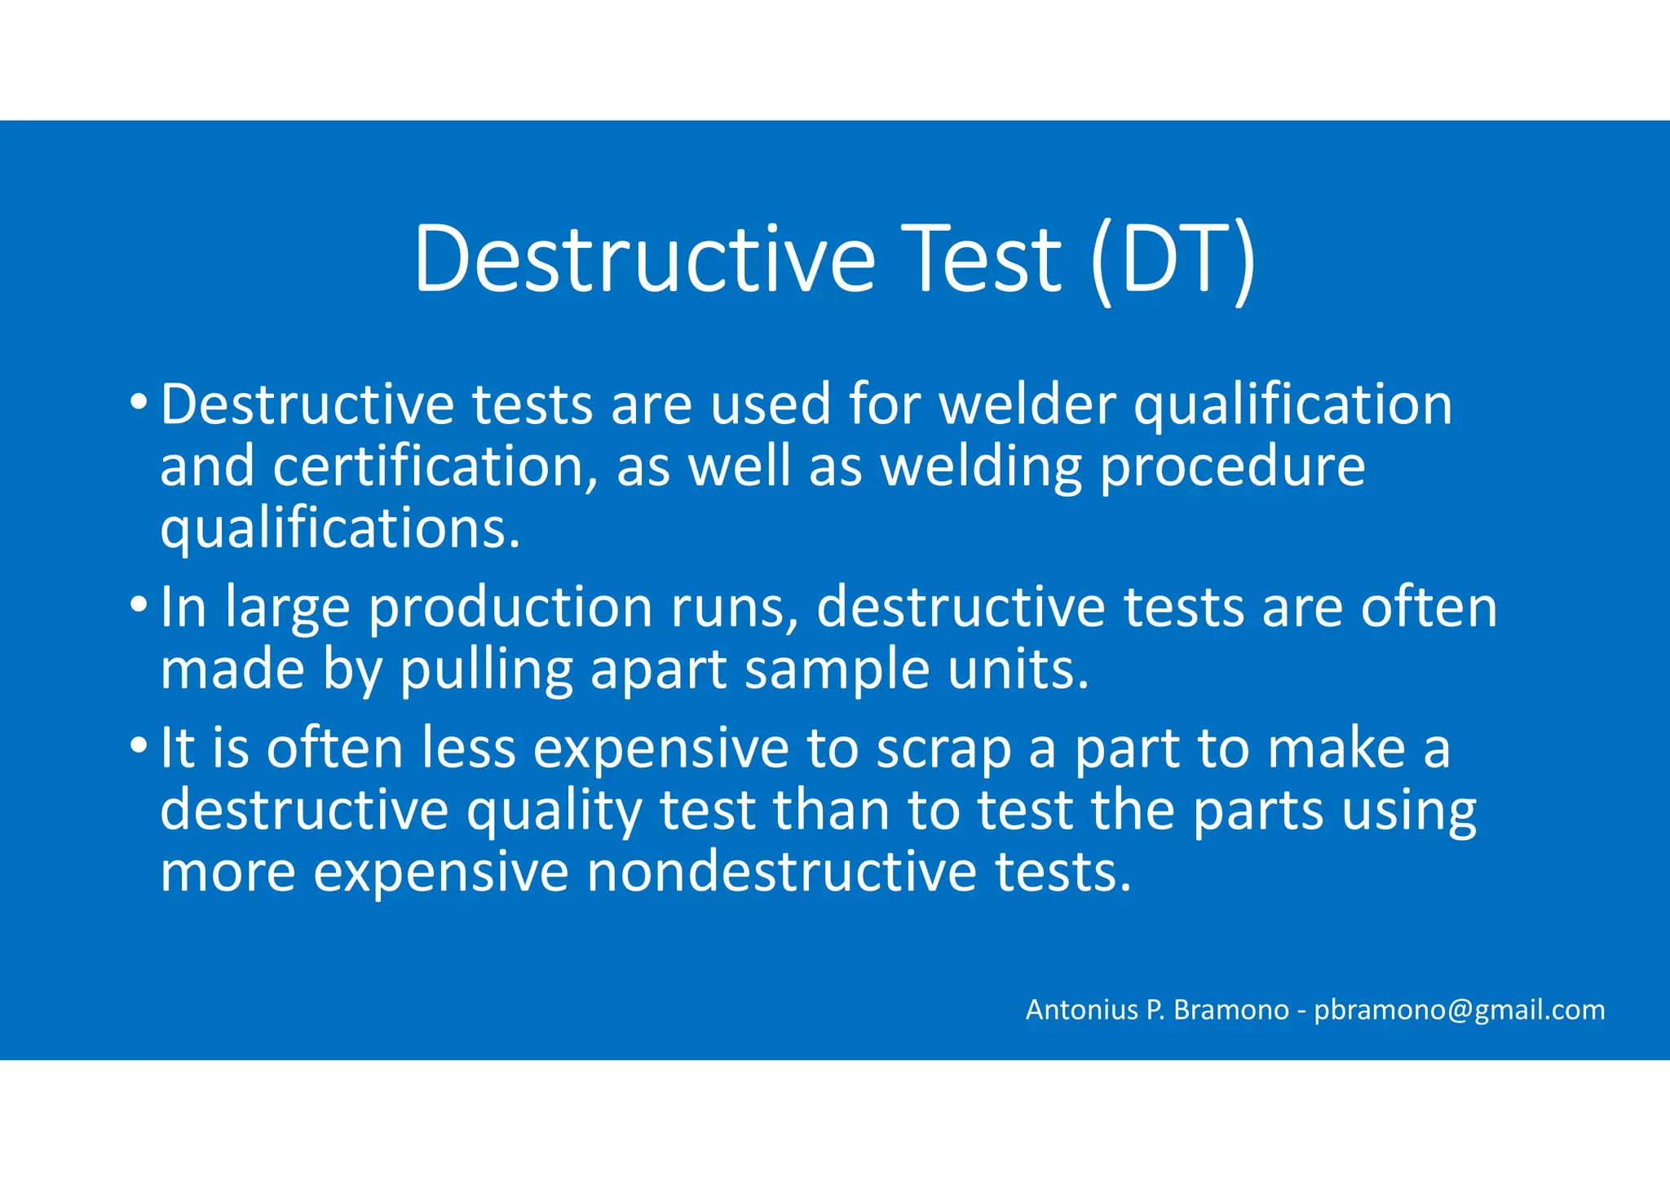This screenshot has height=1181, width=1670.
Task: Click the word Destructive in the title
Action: coord(644,259)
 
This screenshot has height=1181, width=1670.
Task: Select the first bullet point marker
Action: coord(139,402)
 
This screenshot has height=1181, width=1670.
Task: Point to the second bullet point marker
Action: coord(139,605)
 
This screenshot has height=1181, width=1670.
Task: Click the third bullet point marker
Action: coord(139,745)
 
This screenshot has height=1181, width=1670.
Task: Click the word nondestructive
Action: coord(781,871)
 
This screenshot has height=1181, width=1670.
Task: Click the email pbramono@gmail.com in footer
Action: coord(1459,1010)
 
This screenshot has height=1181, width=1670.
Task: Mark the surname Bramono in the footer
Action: coord(1230,1010)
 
